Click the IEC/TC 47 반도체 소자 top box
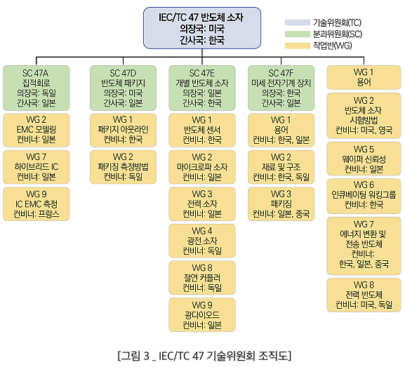[202, 28]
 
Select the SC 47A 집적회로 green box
[36, 88]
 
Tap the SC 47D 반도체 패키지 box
[123, 88]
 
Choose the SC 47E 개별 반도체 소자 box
[202, 88]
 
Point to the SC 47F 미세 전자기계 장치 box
[281, 88]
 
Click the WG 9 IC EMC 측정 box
[36, 204]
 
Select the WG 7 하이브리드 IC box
[36, 167]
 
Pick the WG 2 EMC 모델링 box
[36, 130]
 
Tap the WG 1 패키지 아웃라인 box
[123, 130]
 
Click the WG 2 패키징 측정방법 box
[123, 167]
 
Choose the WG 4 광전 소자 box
[202, 241]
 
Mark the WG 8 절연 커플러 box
[202, 278]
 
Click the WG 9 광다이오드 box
[202, 315]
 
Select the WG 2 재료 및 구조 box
[281, 167]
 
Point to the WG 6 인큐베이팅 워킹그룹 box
[364, 196]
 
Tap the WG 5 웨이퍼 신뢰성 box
[364, 159]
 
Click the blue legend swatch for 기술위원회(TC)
[298, 22]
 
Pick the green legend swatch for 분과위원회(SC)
[298, 34]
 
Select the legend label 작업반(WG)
[333, 46]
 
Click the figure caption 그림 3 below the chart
[204, 356]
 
